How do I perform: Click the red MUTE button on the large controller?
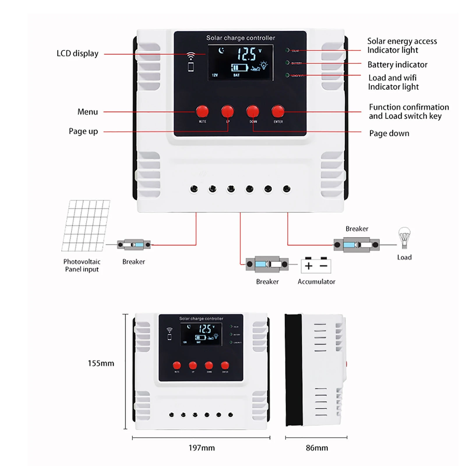[x=202, y=111]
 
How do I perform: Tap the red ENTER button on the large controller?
[x=278, y=111]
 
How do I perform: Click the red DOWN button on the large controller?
[x=253, y=111]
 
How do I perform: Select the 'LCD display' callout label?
[x=77, y=54]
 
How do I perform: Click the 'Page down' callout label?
[x=389, y=133]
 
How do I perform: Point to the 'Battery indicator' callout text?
[x=397, y=65]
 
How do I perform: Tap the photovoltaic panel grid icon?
[x=86, y=225]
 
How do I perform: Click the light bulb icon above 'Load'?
[x=404, y=238]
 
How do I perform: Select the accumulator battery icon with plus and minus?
[x=316, y=265]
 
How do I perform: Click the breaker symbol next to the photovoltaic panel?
[x=134, y=245]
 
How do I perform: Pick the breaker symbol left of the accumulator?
[x=267, y=264]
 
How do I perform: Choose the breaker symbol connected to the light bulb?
[x=356, y=245]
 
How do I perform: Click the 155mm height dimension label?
[x=101, y=363]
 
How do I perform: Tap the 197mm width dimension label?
[x=202, y=448]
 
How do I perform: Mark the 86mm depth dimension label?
[x=317, y=448]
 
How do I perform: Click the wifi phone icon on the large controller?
[x=191, y=62]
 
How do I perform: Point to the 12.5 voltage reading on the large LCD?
[x=247, y=54]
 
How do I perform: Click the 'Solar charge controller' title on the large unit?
[x=241, y=38]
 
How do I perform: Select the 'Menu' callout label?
[x=87, y=112]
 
